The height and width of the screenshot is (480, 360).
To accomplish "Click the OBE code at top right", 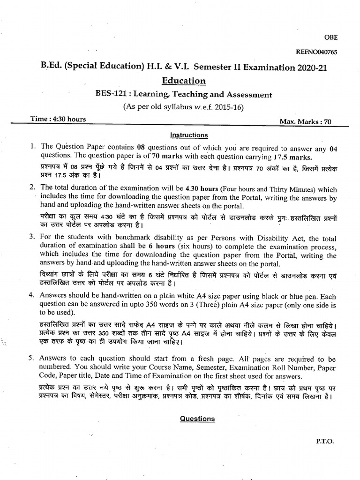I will click(330, 37).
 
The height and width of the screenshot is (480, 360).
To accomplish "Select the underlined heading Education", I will click(184, 81).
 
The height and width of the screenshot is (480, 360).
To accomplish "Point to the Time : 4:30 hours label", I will click(58, 119).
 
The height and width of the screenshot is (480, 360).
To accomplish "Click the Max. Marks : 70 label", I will click(305, 122).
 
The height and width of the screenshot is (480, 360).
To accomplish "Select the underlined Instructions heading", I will click(189, 135).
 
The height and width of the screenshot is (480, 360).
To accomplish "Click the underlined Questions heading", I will click(197, 419).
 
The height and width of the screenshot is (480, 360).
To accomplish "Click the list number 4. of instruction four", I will click(31, 295).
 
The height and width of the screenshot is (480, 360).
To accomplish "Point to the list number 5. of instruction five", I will click(31, 358).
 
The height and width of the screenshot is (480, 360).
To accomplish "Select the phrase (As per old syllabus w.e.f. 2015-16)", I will click(183, 106).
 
